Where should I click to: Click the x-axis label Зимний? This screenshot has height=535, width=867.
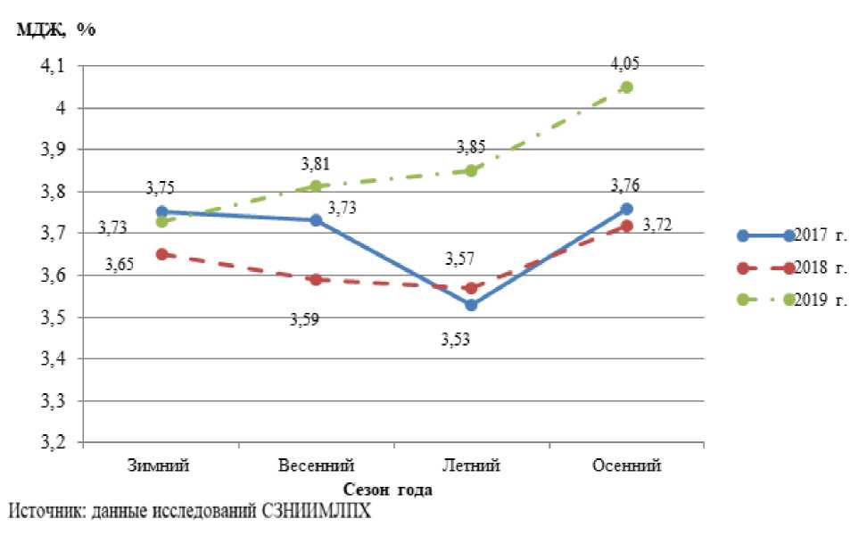[160, 466]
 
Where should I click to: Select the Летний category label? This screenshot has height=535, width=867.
[471, 466]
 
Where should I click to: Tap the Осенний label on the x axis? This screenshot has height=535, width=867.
[627, 466]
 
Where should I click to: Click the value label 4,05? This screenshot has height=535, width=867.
[624, 64]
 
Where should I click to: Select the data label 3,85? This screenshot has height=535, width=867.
[471, 147]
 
